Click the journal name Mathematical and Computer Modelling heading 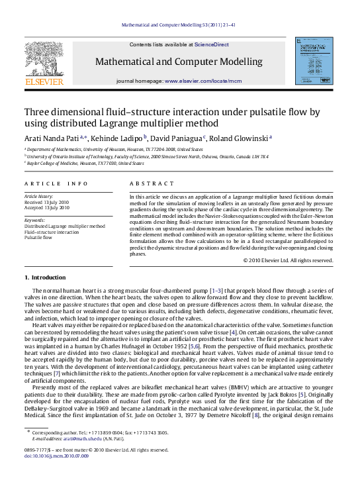point(179,62)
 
